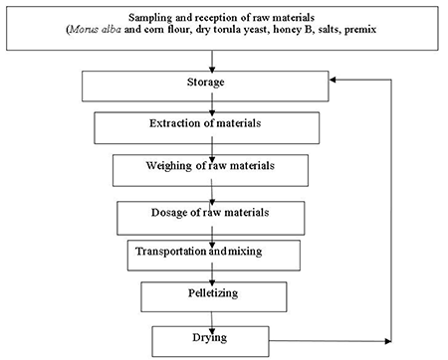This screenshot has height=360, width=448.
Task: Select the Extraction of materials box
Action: [205, 126]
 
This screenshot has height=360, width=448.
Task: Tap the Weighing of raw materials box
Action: [205, 169]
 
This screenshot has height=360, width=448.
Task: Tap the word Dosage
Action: [170, 211]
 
